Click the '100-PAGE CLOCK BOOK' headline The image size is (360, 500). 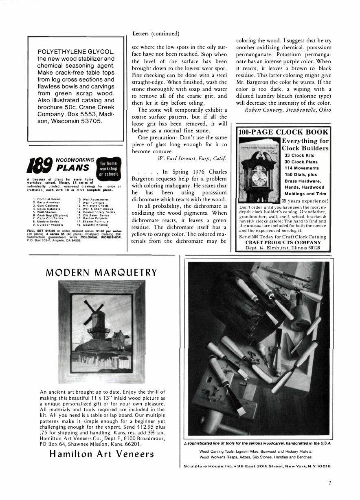pyautogui.click(x=283, y=132)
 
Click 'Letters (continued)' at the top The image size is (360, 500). pyautogui.click(x=156, y=33)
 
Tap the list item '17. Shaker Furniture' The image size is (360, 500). pyautogui.click(x=93, y=221)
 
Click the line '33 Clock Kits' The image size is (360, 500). pyautogui.click(x=298, y=155)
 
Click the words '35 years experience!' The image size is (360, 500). pyautogui.click(x=305, y=201)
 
